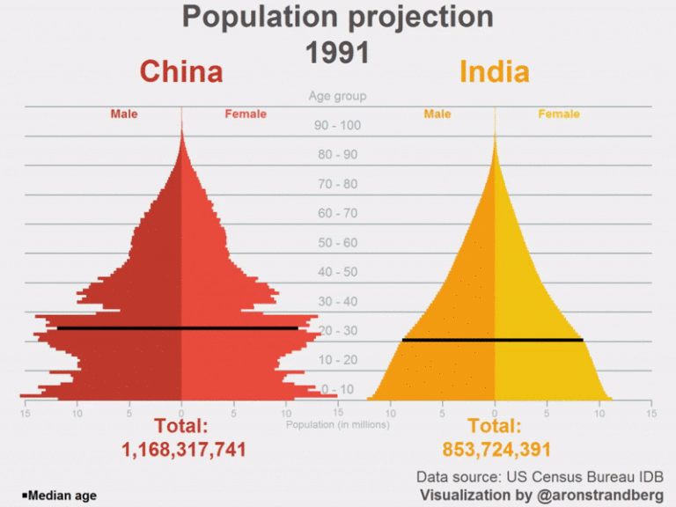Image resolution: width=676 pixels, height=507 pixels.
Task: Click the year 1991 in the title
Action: click(x=337, y=53)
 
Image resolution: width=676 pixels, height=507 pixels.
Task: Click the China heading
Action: click(x=181, y=71)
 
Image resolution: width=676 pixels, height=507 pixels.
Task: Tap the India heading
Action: click(x=495, y=71)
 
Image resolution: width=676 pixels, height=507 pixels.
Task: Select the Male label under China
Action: click(x=124, y=114)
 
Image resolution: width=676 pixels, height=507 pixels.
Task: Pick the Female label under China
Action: click(x=246, y=114)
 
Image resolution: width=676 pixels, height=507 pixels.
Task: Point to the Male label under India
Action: click(x=437, y=114)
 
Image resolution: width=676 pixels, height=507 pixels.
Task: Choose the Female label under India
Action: click(x=559, y=114)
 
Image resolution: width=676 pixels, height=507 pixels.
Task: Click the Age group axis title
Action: click(x=337, y=96)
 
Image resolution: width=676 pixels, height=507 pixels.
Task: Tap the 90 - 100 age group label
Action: click(x=337, y=125)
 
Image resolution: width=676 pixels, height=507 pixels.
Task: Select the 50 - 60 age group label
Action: click(x=337, y=243)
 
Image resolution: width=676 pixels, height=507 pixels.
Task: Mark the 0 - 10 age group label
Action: click(x=337, y=389)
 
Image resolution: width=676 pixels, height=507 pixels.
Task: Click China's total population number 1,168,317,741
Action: click(x=183, y=450)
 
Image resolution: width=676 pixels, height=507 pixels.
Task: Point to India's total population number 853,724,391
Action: click(x=496, y=450)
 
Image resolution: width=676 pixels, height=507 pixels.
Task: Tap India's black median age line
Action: click(x=492, y=340)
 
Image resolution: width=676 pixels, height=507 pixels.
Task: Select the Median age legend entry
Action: click(x=59, y=496)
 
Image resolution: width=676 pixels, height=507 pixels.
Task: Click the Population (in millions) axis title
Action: click(x=337, y=424)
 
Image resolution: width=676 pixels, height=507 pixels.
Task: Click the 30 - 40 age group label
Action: click(x=337, y=301)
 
